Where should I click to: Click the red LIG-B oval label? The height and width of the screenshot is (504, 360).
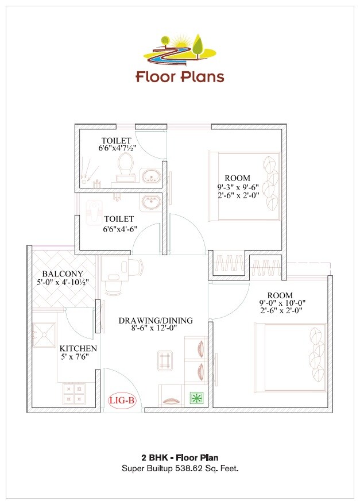[x=122, y=401]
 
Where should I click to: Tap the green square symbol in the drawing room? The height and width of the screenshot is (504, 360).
[x=197, y=398]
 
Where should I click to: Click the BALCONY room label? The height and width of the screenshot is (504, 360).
[x=63, y=274]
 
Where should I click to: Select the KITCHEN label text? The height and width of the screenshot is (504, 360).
[x=78, y=349]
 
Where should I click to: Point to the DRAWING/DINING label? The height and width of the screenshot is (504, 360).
[x=156, y=321]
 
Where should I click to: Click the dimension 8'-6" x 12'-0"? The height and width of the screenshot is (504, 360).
[x=156, y=329]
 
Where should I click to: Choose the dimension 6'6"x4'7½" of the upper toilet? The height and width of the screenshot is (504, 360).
[x=117, y=148]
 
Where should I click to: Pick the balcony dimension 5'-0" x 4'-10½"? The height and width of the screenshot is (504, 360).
[x=63, y=282]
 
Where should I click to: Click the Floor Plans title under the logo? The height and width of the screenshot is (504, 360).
[x=180, y=76]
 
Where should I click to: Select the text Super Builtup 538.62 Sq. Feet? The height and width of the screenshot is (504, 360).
[x=180, y=469]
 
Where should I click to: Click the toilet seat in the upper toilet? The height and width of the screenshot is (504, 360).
[x=126, y=165]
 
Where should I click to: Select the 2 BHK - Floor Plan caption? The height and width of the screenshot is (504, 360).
[x=180, y=458]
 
